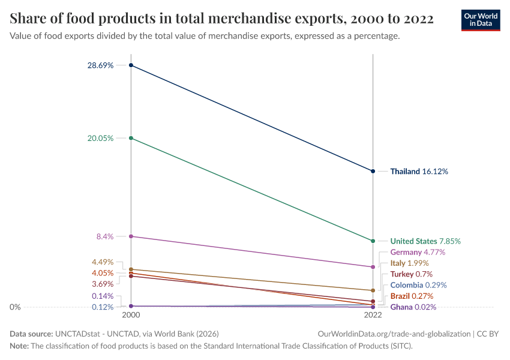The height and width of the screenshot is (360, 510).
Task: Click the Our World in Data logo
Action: coord(480,20)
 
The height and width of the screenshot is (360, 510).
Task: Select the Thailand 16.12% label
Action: coord(419,171)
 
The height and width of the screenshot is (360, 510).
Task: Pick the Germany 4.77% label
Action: coord(418,252)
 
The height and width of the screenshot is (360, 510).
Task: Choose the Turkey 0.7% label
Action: coord(411,274)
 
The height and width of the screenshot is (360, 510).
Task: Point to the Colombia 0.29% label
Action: coord(418,285)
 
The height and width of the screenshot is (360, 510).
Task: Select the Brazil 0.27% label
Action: coord(412,296)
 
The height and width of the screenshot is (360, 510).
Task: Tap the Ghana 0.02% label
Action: coord(413,307)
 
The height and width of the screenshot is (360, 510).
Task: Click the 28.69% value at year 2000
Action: coord(101,65)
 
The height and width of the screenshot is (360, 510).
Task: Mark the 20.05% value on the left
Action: coord(101,138)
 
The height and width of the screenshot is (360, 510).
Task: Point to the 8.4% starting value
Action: coord(105,236)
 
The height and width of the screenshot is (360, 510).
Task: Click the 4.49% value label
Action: coord(103,262)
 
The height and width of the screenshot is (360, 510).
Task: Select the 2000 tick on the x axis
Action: coord(131,314)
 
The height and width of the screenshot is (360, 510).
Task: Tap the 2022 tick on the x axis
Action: coord(373,314)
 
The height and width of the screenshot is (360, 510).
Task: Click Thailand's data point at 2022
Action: coord(373,171)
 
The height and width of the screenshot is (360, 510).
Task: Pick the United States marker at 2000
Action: coord(131,138)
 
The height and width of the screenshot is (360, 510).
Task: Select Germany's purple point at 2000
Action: coord(131,236)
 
